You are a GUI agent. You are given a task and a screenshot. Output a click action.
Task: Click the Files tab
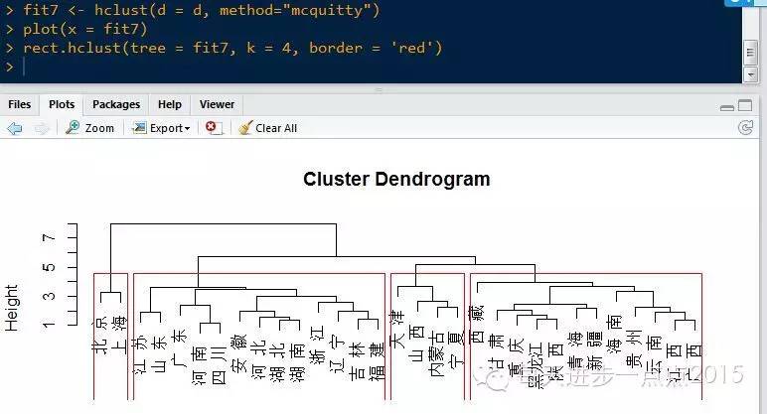click(20, 104)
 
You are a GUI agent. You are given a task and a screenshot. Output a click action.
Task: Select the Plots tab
click(62, 104)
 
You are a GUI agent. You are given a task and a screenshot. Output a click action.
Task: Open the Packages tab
click(116, 104)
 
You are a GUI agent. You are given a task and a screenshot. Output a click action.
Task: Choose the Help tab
click(170, 104)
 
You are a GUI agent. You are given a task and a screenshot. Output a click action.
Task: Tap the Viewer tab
click(217, 104)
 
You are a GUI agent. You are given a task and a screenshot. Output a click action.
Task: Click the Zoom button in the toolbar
click(90, 128)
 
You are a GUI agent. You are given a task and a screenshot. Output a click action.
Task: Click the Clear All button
click(267, 128)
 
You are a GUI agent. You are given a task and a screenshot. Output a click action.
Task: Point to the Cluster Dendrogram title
click(396, 180)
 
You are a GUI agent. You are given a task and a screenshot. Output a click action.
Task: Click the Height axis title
click(12, 307)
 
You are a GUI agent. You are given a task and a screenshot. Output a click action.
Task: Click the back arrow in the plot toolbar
click(14, 128)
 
